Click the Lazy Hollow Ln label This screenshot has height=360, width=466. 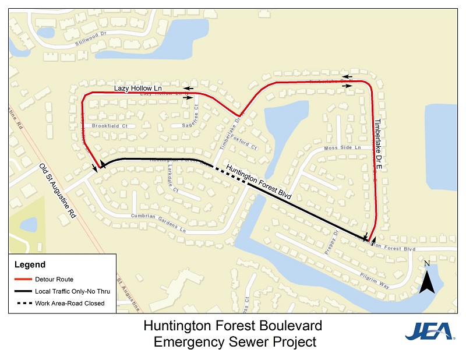coord(136,88)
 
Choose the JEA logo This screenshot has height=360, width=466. coord(430,331)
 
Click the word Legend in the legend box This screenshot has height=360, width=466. coord(30,265)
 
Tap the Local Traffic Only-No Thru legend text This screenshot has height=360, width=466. coord(69,291)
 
